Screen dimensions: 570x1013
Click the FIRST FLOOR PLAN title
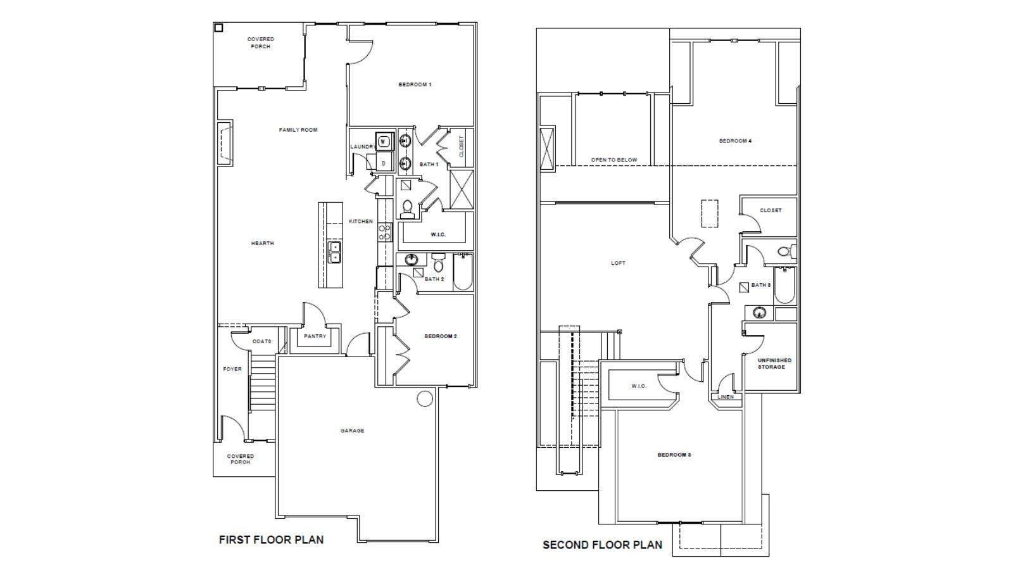point(271,540)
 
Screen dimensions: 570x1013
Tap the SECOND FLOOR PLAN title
point(602,545)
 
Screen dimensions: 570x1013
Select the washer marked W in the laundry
point(384,141)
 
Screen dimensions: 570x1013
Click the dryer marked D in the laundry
point(384,163)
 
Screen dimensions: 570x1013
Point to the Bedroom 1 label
point(415,84)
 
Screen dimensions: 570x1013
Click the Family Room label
point(298,130)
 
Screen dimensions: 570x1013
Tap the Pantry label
point(315,336)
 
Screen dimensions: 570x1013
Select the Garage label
point(352,431)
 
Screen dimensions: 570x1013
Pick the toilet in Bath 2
point(439,263)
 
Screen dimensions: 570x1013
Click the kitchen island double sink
point(334,252)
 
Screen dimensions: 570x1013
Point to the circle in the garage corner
point(425,398)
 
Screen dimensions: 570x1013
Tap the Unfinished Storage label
point(774,364)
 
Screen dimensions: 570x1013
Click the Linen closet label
point(726,397)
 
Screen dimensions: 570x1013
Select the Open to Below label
point(614,160)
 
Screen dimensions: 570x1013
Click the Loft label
point(618,263)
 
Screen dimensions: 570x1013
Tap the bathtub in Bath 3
point(783,286)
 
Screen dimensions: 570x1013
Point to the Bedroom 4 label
point(735,141)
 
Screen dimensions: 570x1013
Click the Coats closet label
point(261,341)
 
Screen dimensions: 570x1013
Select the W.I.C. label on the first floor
point(438,234)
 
